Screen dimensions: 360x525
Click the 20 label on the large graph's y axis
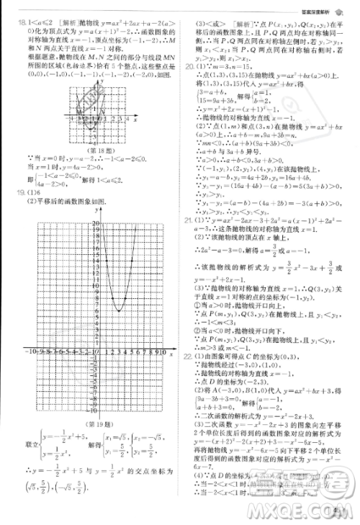click(x=94, y=224)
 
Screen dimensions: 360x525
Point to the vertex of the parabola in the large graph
click(x=117, y=310)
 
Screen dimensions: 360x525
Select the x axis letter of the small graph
click(x=136, y=120)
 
